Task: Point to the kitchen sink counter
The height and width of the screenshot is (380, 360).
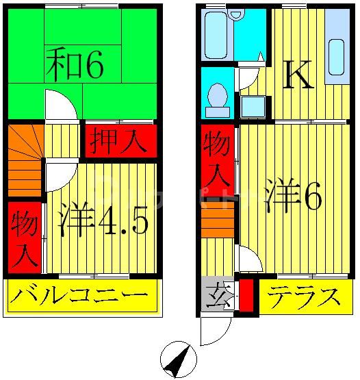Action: (336, 56)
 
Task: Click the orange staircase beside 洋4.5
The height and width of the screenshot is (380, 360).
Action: (25, 160)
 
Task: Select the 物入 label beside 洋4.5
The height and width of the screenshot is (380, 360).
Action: (25, 236)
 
